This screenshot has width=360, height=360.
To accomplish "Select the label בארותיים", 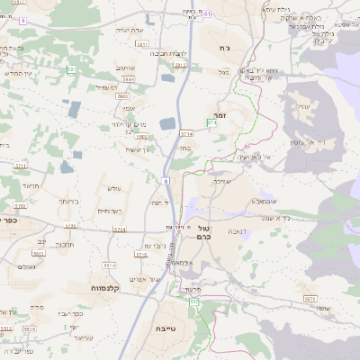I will click(111, 211).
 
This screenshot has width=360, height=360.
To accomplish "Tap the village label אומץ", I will click(104, 107).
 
